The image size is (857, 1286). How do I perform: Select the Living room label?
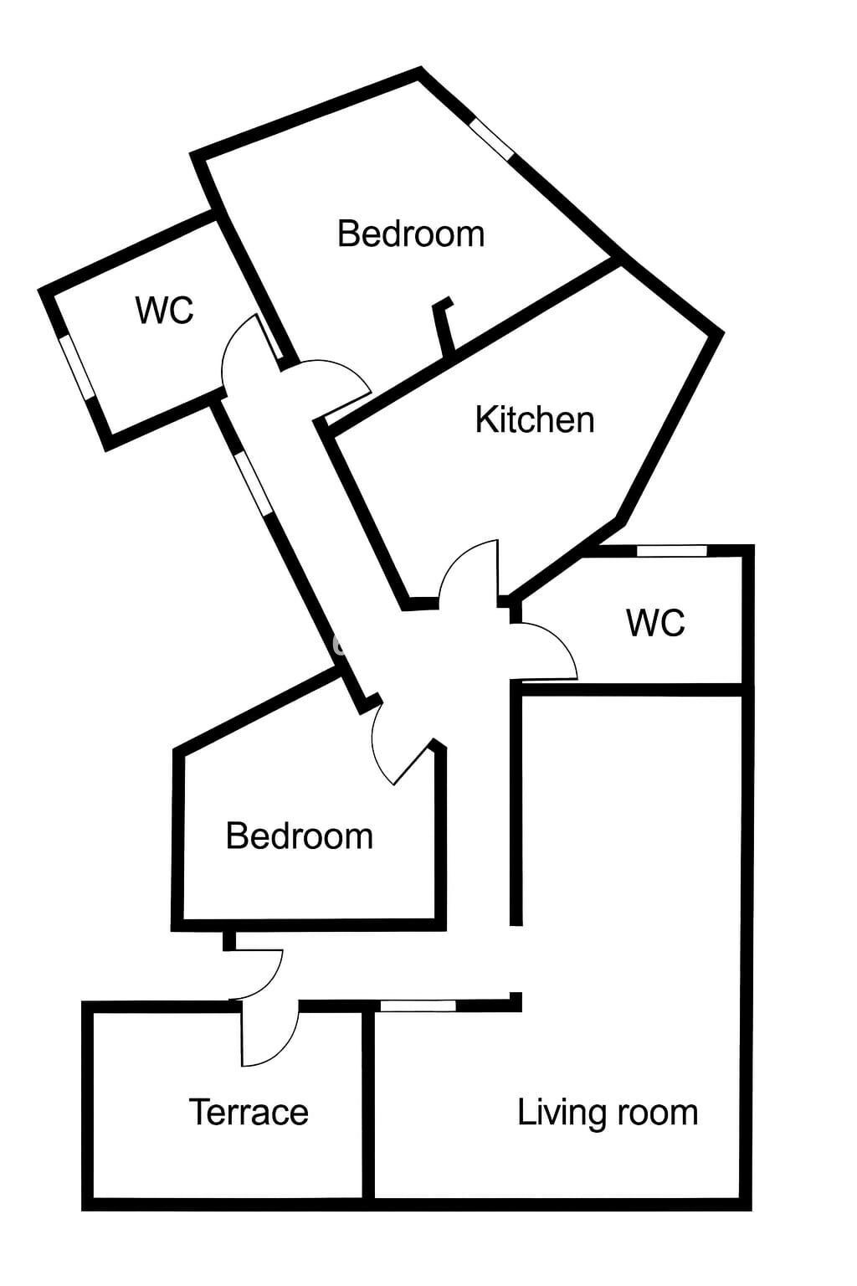[x=608, y=1114]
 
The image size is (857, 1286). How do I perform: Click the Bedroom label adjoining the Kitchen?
[x=411, y=234]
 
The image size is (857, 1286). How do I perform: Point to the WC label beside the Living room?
[x=655, y=622]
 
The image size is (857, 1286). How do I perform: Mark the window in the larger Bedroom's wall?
[x=491, y=138]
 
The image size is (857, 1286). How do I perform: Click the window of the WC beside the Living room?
[x=671, y=551]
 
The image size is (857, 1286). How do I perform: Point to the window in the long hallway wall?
[x=253, y=484]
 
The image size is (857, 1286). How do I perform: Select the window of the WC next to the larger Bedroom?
[x=77, y=368]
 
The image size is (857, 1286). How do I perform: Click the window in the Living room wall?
[x=418, y=1006]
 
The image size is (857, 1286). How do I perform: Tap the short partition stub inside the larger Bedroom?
[x=444, y=327]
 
